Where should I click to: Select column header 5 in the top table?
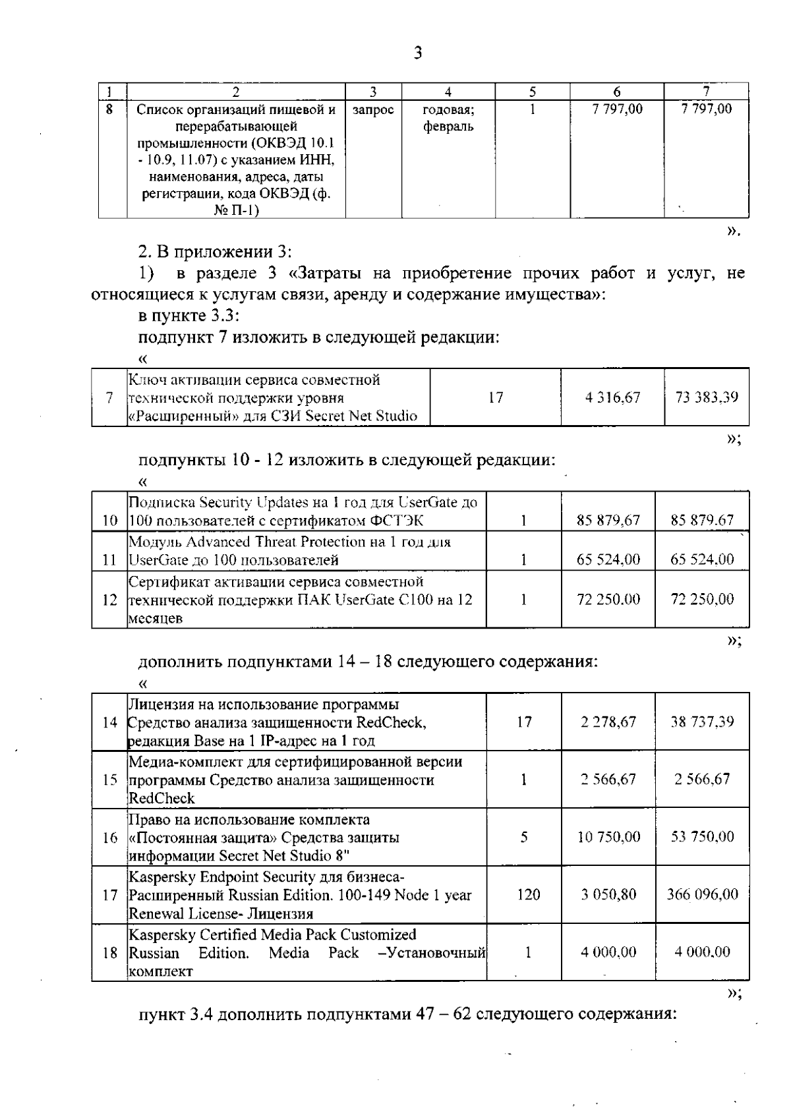[533, 92]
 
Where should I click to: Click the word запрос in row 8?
[373, 110]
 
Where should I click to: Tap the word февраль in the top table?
[448, 127]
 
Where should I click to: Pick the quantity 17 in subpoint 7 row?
[496, 397]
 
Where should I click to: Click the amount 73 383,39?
[707, 397]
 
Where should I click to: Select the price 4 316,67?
[612, 397]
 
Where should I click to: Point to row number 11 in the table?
[109, 561]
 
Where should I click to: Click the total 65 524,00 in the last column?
[702, 559]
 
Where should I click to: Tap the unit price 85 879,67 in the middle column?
[608, 520]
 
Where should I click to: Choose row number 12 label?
[109, 600]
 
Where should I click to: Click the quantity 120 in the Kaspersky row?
[529, 894]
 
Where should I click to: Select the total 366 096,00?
[703, 894]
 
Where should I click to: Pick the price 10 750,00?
[608, 836]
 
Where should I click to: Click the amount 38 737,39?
[702, 722]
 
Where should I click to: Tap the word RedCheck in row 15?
[161, 798]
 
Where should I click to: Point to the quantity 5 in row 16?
[524, 836]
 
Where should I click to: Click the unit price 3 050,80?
[608, 894]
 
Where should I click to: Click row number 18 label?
[109, 952]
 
